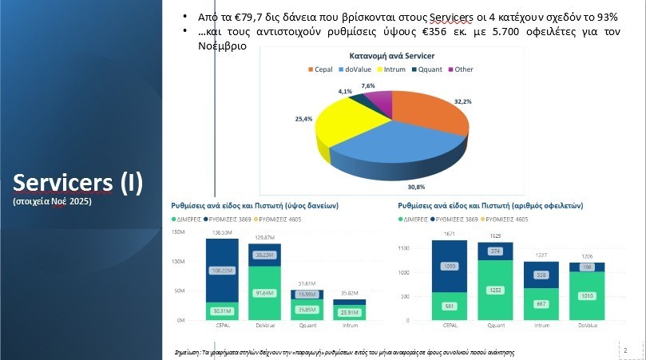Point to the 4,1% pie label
(345, 92)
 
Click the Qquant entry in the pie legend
(426, 69)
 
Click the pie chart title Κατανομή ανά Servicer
(390, 57)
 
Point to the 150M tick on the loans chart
(178, 232)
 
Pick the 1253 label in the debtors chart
(495, 290)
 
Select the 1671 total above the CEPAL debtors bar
(449, 233)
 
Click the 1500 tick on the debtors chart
(402, 248)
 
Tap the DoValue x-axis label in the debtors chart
(587, 326)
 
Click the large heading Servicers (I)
(78, 183)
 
